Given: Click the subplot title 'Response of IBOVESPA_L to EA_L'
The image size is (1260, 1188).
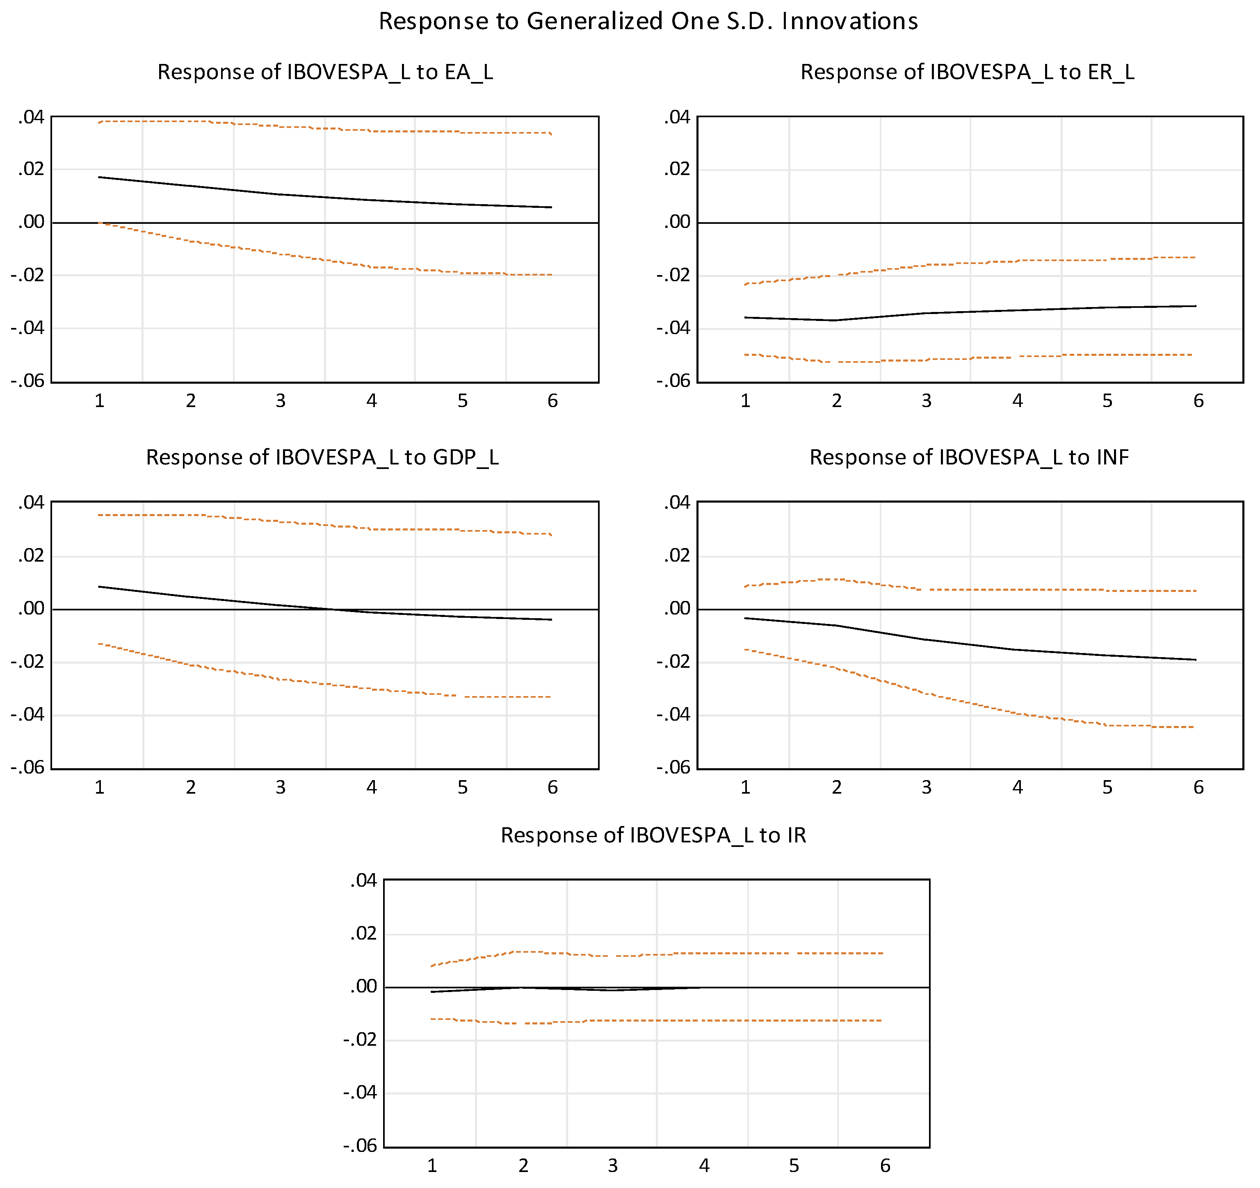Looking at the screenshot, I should [x=324, y=72].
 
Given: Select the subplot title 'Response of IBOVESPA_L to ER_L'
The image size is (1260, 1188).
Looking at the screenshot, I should [x=967, y=72].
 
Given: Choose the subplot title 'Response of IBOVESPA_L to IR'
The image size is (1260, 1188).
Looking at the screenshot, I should [x=653, y=835].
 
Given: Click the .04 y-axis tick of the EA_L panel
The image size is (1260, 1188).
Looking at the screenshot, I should [x=31, y=117].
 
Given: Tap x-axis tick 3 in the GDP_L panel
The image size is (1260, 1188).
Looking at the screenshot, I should [x=280, y=787].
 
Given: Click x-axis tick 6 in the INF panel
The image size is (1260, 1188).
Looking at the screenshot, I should [x=1198, y=787].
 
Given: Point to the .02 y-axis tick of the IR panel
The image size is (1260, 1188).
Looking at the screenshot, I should [x=363, y=933].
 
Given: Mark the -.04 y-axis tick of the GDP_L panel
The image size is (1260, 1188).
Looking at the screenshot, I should [x=27, y=715].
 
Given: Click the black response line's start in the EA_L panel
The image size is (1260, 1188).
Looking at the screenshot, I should [x=100, y=178].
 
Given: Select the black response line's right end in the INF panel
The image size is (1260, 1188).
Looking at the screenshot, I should [x=1195, y=660].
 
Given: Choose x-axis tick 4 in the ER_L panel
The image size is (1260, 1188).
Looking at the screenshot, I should [x=1017, y=401].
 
